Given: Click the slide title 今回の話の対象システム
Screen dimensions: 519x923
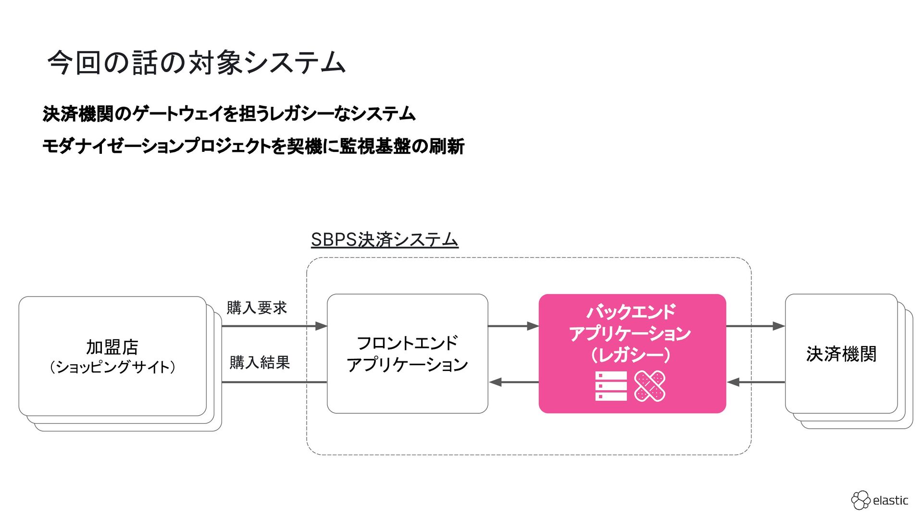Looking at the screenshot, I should (x=196, y=63).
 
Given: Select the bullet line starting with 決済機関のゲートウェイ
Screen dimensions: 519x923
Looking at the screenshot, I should (x=229, y=114).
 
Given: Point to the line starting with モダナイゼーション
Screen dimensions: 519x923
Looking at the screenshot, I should (x=253, y=146).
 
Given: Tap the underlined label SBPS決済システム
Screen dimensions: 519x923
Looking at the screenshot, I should (x=385, y=239).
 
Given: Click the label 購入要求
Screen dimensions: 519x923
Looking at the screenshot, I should (x=257, y=308).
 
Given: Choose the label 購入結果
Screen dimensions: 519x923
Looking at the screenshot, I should (x=260, y=362).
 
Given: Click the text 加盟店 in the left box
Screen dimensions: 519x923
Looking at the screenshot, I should (x=112, y=346).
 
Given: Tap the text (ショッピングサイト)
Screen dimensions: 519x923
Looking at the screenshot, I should (x=112, y=367).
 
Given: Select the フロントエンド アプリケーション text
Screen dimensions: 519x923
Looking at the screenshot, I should (x=407, y=354).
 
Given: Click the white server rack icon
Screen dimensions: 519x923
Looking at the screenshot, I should (x=611, y=386).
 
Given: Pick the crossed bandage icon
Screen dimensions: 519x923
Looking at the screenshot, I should (x=650, y=386).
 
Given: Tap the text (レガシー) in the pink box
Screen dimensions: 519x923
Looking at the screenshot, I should (x=631, y=355).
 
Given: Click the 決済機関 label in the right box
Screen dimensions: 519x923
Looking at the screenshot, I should (x=841, y=354).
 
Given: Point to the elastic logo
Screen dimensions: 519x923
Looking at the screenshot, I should (x=880, y=500).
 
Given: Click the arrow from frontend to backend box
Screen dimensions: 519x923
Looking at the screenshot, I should (x=513, y=326).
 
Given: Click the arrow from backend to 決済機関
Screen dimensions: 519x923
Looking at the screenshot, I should (x=755, y=326).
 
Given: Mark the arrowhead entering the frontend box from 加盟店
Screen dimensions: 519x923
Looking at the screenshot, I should (x=321, y=326).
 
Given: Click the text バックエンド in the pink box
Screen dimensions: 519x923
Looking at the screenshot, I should (x=631, y=312).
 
